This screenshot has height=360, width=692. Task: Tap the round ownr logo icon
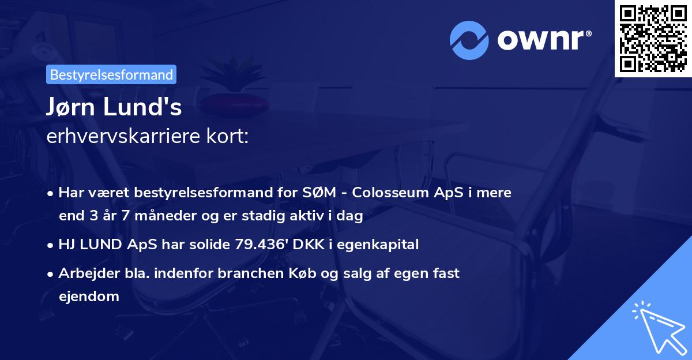(469, 40)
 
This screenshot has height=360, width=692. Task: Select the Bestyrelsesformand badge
(111, 74)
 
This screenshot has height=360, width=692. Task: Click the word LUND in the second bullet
(102, 244)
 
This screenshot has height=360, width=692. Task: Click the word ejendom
(89, 297)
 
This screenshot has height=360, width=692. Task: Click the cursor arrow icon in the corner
(657, 327)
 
